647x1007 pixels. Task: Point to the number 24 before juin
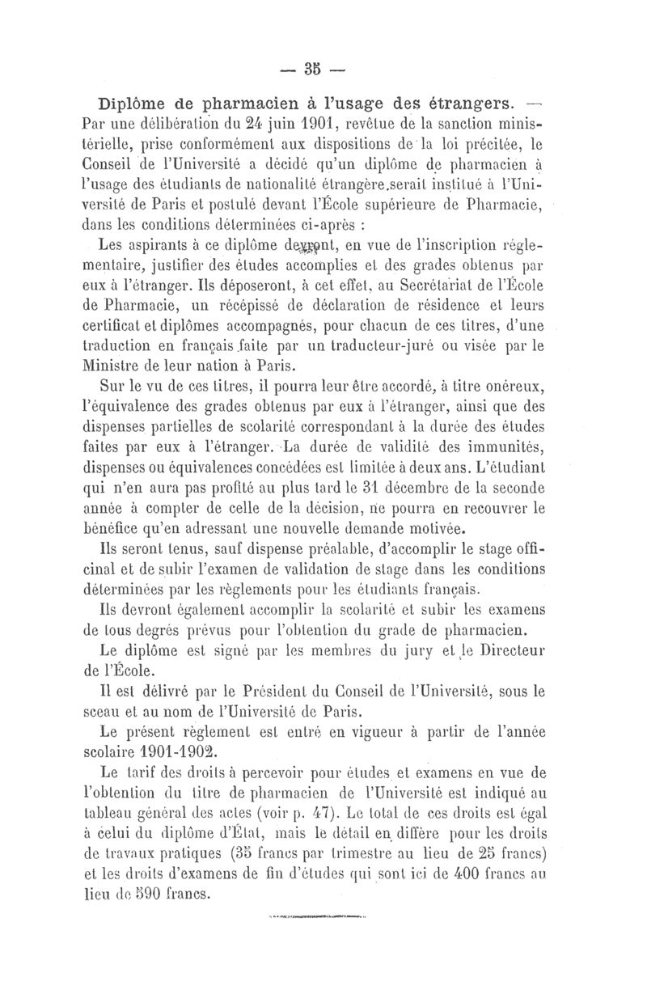point(234,124)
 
